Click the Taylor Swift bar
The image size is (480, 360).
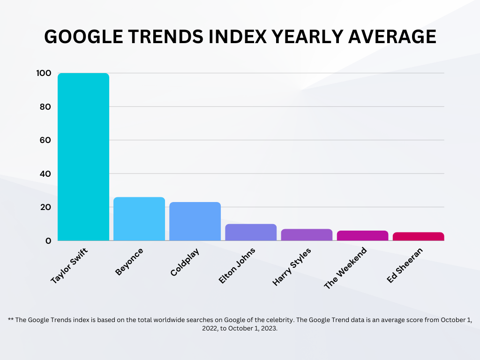click(x=83, y=157)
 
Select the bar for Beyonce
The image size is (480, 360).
click(x=139, y=219)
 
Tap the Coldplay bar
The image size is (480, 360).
click(x=195, y=221)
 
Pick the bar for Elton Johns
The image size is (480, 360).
click(x=251, y=232)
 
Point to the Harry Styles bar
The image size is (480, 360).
click(x=307, y=235)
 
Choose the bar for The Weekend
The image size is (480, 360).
click(x=362, y=236)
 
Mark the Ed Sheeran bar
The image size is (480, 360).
click(x=419, y=236)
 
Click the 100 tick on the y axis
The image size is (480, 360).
click(x=44, y=73)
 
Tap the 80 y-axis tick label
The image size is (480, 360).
click(x=45, y=107)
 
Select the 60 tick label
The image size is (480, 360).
click(x=45, y=140)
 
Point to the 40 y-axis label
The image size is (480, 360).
click(x=45, y=174)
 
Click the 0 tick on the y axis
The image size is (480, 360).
click(x=48, y=241)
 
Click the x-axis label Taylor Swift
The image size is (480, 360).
click(x=69, y=266)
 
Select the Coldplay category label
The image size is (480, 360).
click(x=185, y=262)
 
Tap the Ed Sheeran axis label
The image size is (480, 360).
click(x=405, y=265)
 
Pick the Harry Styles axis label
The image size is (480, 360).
click(x=292, y=267)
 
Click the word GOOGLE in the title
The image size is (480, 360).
click(x=83, y=37)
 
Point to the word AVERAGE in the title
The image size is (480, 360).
click(x=392, y=37)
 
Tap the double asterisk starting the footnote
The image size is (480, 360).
click(x=11, y=319)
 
